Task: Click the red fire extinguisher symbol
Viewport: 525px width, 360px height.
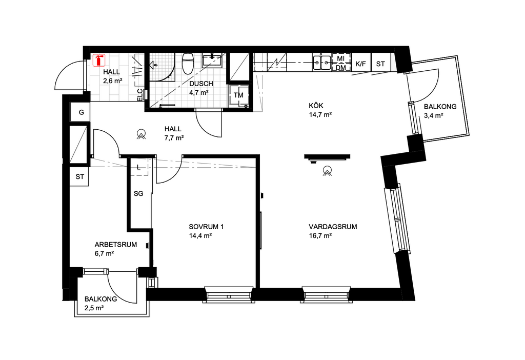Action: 99,61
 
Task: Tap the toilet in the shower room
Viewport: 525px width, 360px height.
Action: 188,64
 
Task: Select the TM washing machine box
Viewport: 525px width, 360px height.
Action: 239,96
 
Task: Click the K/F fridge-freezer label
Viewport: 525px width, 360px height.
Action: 360,64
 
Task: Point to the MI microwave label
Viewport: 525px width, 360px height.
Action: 340,58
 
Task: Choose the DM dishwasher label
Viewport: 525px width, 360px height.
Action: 340,68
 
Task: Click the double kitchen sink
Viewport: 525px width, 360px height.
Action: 322,62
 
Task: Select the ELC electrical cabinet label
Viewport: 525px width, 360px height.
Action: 140,95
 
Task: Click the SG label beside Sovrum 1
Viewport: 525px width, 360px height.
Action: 138,193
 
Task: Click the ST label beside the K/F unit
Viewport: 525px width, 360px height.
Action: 380,64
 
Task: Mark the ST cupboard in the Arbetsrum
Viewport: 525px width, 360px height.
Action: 79,176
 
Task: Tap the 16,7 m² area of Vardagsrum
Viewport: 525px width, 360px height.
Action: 320,235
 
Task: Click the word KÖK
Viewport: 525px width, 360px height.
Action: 316,106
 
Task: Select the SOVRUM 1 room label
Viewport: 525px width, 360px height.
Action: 206,226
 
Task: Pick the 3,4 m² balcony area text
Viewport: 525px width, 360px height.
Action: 434,115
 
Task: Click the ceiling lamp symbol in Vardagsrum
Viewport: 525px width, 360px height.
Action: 327,171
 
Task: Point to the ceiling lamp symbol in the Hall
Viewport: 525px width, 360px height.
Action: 142,134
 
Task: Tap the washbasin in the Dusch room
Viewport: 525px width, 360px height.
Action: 212,61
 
